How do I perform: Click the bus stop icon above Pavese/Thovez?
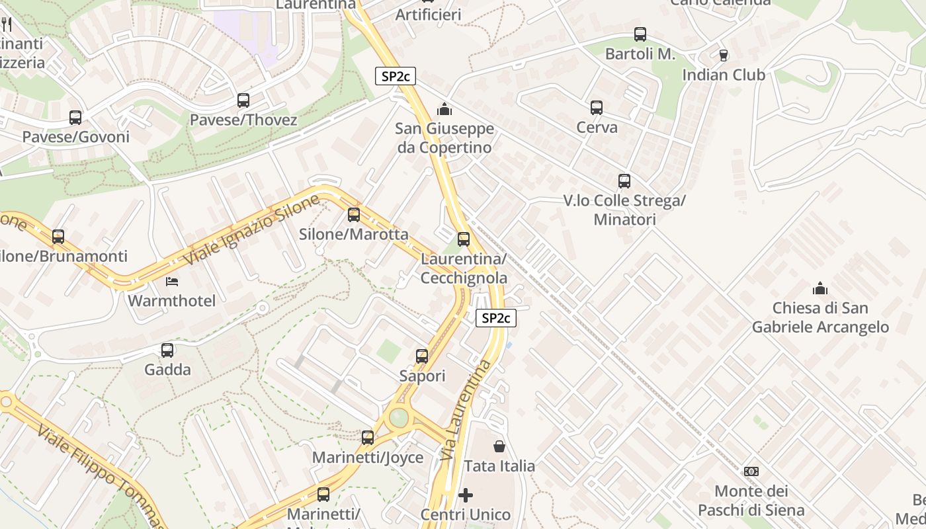click(x=243, y=101)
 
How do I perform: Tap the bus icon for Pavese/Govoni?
click(x=75, y=118)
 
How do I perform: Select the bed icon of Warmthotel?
click(x=172, y=282)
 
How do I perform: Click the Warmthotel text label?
click(x=172, y=302)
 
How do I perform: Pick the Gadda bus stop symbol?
click(x=167, y=350)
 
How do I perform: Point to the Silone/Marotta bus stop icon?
click(x=354, y=215)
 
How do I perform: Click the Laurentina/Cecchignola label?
click(x=464, y=268)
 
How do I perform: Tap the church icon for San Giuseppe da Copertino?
click(x=444, y=108)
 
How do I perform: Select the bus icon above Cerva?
click(x=597, y=108)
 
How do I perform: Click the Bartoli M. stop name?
click(x=640, y=54)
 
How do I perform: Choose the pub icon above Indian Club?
click(x=724, y=55)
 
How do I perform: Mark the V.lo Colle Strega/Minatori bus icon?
click(x=624, y=181)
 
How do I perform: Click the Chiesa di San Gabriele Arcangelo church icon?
click(x=820, y=288)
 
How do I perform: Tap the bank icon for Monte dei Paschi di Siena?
click(x=751, y=471)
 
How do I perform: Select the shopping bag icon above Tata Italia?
click(x=499, y=446)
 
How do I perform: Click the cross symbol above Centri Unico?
click(x=466, y=495)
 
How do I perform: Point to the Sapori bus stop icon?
click(x=422, y=356)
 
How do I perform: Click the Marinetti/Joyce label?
click(x=368, y=458)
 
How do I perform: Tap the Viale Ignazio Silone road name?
click(x=251, y=230)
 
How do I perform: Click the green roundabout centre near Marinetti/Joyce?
click(x=399, y=417)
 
